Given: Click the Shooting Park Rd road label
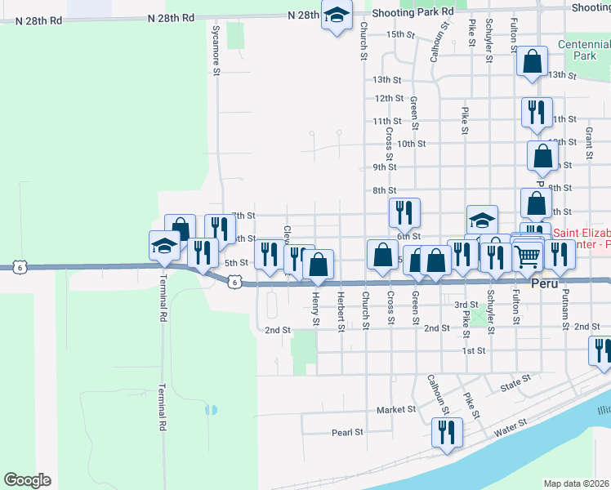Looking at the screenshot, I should tap(412, 13).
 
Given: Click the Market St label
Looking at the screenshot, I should tap(396, 409).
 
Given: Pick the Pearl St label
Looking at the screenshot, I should tap(346, 432).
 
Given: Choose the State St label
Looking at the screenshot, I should tap(515, 380).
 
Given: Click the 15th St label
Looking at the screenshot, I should tap(401, 35).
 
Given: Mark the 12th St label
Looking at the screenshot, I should tap(389, 98).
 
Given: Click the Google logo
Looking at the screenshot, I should tap(27, 479).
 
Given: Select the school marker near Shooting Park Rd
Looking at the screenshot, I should tap(336, 16).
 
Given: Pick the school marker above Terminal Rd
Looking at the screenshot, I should tap(164, 245).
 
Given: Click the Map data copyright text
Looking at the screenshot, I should tap(576, 483).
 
